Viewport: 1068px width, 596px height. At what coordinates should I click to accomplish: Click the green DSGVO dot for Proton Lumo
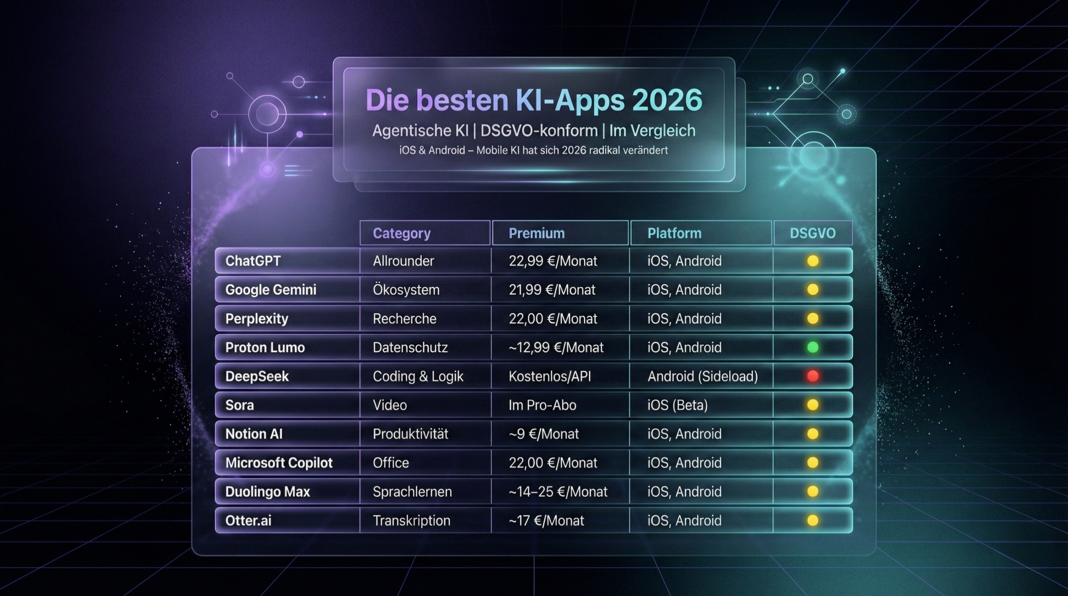(813, 347)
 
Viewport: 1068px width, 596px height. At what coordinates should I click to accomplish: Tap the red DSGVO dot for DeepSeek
(813, 376)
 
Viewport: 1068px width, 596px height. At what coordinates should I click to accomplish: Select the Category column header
(401, 233)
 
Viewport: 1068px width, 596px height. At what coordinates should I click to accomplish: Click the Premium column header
(537, 233)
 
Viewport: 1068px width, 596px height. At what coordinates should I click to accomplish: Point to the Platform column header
(674, 233)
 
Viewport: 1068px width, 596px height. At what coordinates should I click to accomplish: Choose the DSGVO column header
(813, 233)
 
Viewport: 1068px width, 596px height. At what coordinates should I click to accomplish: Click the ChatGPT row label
(253, 261)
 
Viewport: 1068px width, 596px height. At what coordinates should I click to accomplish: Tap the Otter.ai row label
(248, 521)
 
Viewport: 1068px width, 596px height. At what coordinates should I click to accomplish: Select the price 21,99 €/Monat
(552, 289)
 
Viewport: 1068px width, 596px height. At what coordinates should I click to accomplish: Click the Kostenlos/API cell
(549, 376)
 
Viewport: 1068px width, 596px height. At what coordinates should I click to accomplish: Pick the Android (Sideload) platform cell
(703, 376)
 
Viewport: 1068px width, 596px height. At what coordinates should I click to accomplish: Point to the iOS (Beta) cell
(678, 405)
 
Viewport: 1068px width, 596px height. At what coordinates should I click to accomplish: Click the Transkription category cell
(411, 521)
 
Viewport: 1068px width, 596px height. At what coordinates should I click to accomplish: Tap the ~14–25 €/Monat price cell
(558, 492)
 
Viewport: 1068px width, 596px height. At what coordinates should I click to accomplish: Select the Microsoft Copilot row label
(279, 463)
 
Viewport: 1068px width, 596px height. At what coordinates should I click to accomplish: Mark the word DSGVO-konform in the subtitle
(539, 131)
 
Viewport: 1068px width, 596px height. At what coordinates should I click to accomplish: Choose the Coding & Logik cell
(418, 376)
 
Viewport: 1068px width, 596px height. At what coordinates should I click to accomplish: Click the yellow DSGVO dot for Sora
(813, 405)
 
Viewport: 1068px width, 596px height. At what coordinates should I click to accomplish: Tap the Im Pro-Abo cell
(542, 405)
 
